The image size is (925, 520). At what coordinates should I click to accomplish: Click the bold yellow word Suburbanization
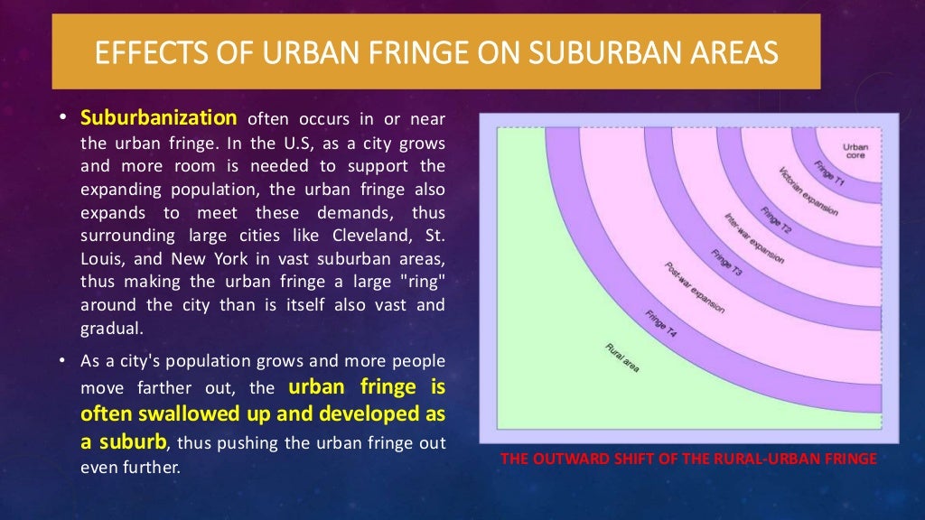click(x=159, y=118)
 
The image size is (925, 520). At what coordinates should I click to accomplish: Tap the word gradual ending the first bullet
click(x=110, y=328)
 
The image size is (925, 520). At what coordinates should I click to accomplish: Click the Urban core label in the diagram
click(x=855, y=151)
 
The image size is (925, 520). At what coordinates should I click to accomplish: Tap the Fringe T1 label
click(x=827, y=173)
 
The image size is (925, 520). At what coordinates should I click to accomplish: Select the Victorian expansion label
click(x=807, y=191)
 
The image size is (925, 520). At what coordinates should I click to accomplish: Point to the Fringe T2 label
click(x=776, y=220)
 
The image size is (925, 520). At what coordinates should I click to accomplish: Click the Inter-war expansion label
click(x=752, y=237)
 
